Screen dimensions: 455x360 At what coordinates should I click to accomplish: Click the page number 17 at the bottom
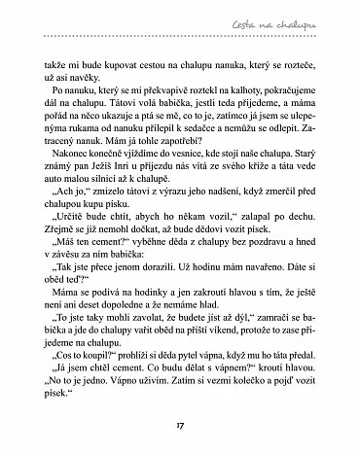click(x=179, y=424)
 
